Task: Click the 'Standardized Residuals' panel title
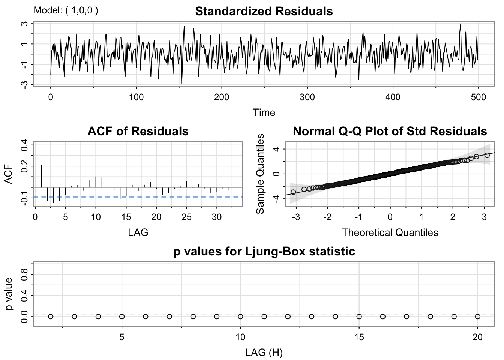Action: pos(264,11)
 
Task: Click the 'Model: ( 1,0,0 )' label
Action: pos(66,10)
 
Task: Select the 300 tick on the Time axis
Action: pos(307,97)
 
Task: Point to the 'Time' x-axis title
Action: pos(264,112)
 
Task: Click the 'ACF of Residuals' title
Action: pos(138,131)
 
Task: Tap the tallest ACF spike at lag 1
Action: pos(41,175)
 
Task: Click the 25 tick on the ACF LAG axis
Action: pos(186,217)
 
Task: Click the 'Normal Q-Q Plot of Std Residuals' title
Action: pos(390,131)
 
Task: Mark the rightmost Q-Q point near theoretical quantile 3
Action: pos(487,155)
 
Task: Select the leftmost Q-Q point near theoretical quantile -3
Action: pos(293,192)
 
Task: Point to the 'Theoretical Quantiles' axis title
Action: pos(390,232)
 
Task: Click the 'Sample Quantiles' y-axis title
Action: pos(260,174)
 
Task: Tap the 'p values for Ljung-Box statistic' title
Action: pos(264,251)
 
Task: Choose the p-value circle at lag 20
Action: pos(478,316)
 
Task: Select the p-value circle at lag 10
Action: pos(240,316)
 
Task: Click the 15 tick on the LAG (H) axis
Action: pos(359,337)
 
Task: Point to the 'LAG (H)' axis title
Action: pos(264,352)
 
